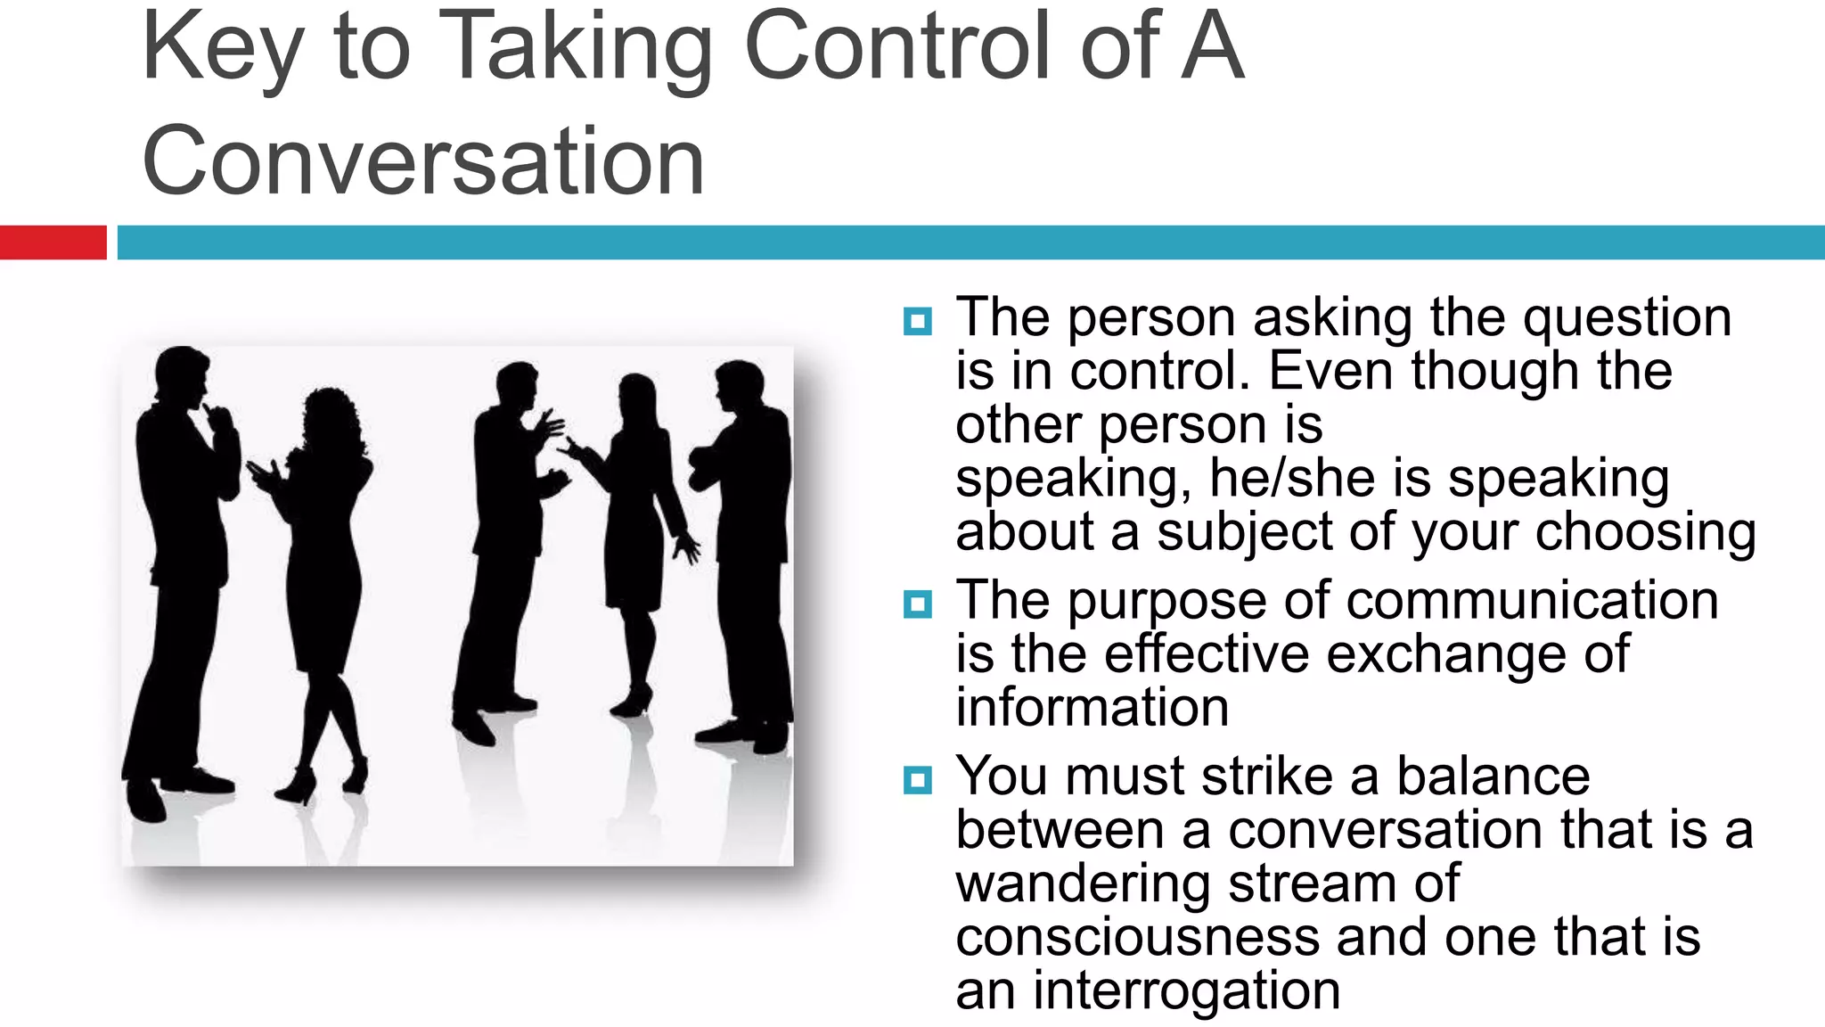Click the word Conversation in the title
423,161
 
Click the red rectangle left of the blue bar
53,242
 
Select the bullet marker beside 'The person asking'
917,321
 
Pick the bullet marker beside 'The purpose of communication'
917,604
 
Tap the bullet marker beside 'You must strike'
917,780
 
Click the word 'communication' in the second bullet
1532,600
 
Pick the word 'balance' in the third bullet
1493,776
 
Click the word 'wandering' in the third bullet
1082,883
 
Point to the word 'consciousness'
1136,937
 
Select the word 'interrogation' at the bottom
1186,990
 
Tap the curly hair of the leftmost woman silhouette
330,415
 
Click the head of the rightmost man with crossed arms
740,385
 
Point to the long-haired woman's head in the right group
637,397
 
